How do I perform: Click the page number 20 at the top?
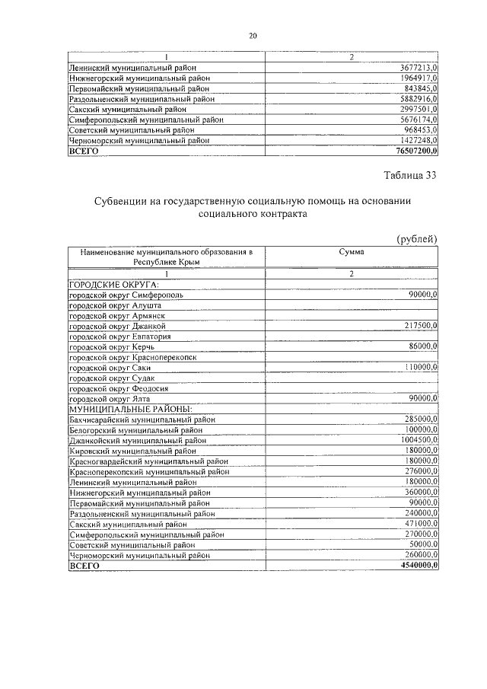253,36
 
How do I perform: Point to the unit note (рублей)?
417,239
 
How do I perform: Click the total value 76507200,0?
417,152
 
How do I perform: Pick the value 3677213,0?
419,68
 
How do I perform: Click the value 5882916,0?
419,99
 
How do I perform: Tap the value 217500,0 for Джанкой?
421,325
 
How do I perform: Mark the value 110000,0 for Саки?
421,367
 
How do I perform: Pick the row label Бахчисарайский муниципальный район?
142,419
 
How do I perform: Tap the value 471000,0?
421,524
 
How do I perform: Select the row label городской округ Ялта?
100,399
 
